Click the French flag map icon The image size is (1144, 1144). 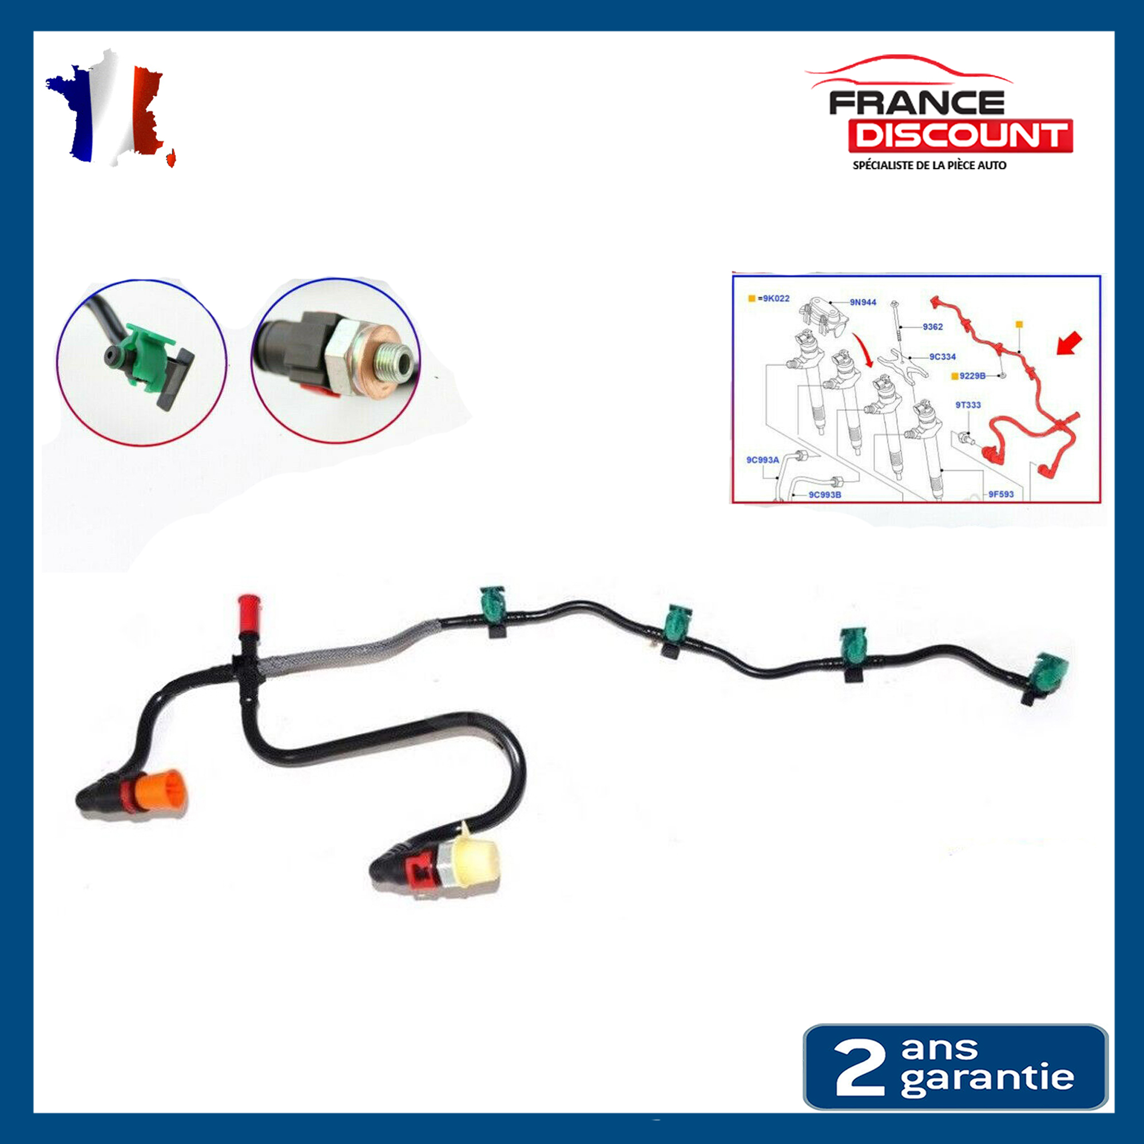point(110,110)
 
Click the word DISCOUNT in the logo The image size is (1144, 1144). point(960,135)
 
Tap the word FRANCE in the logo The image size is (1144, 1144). point(916,103)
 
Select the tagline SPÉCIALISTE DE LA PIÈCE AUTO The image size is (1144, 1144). point(929,166)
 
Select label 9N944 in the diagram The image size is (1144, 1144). point(863,302)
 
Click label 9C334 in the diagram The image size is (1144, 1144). point(942,356)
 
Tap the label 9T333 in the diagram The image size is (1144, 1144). point(968,405)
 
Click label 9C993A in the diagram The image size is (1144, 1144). point(762,459)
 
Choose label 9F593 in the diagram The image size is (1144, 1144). point(1000,494)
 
